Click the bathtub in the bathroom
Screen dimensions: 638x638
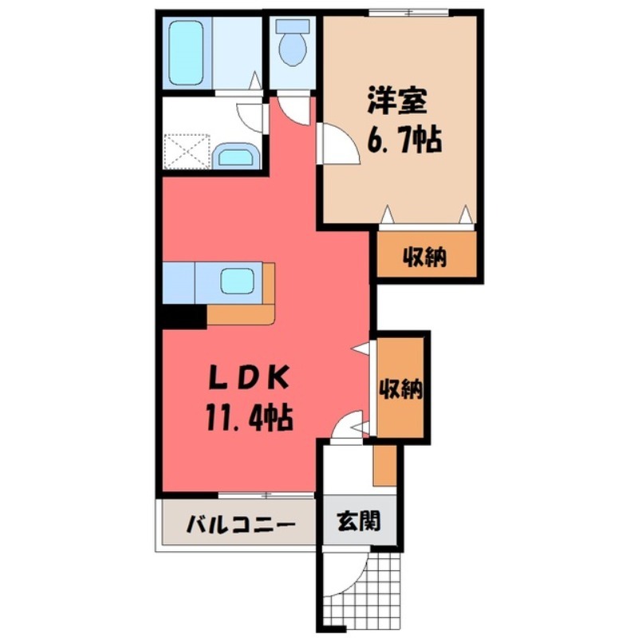tap(186, 53)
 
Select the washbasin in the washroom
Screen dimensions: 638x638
tap(236, 156)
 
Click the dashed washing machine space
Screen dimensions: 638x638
tap(187, 151)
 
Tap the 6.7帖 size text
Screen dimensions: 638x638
tap(404, 140)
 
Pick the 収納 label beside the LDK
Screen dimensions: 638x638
tap(401, 390)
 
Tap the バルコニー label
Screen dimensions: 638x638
tap(240, 525)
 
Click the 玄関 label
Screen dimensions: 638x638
tap(359, 522)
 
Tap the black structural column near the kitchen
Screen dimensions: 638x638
tap(184, 317)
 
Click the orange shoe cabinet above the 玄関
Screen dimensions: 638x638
tap(384, 466)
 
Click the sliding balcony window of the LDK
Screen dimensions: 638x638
tap(266, 495)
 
